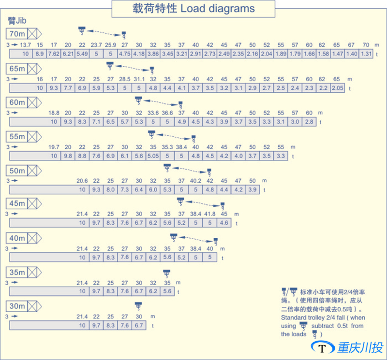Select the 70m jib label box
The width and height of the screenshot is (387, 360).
(17, 34)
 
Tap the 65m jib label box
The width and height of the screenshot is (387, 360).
(17, 68)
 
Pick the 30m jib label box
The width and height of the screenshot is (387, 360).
(17, 306)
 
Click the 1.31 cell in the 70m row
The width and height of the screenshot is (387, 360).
(366, 54)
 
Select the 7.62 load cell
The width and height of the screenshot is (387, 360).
(54, 54)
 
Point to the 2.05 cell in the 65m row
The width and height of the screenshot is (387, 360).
(338, 88)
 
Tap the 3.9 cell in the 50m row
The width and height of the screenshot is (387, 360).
(252, 189)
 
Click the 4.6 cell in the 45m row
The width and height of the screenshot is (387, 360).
(224, 223)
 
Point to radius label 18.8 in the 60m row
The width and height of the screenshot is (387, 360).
(54, 113)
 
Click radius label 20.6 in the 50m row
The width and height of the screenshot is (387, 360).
(82, 181)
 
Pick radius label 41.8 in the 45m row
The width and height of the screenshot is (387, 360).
(210, 214)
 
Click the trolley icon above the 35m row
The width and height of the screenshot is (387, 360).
(167, 273)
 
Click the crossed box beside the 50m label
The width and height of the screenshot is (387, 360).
(33, 171)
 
